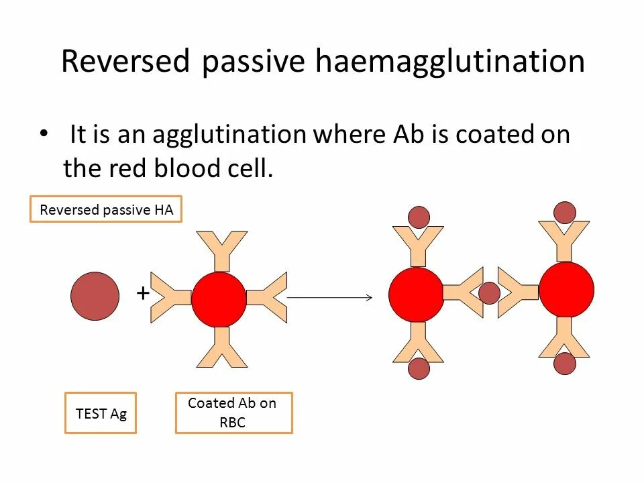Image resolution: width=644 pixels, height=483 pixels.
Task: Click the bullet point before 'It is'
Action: [x=44, y=133]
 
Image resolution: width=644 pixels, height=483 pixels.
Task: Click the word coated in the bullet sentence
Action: [x=496, y=134]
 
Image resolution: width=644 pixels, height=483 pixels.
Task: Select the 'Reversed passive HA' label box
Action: [x=106, y=210]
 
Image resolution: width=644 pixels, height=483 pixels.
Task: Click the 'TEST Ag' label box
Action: [x=101, y=413]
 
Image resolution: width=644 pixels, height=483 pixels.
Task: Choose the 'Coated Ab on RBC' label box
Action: [x=233, y=413]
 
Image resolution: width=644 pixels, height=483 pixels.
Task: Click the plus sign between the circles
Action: [x=143, y=293]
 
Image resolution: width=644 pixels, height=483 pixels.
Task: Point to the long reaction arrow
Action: [x=329, y=297]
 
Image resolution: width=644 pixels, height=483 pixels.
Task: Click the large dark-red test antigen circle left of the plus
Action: [x=95, y=296]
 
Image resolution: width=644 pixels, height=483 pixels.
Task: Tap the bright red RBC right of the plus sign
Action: [x=219, y=299]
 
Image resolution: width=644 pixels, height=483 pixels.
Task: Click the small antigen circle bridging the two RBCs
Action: [x=489, y=293]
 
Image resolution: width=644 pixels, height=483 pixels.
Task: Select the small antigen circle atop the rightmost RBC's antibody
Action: [x=565, y=212]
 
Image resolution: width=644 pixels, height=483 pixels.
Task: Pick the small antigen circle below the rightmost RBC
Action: [x=565, y=364]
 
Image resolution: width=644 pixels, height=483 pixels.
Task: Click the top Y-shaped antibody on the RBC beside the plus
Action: [x=221, y=250]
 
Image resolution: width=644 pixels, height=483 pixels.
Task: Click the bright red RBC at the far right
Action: [x=566, y=290]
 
